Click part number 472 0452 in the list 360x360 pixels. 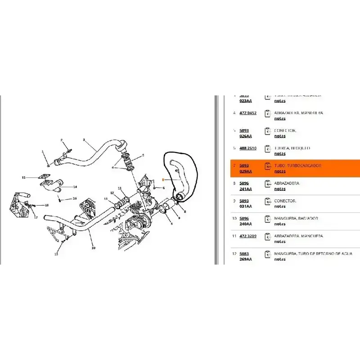247,113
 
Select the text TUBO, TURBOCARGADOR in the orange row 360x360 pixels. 297,166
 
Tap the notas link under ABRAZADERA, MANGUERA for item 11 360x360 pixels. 279,241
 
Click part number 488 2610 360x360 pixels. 247,148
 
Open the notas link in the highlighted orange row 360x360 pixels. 279,171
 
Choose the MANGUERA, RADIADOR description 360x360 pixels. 296,218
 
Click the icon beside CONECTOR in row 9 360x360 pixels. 267,203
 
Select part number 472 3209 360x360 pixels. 247,236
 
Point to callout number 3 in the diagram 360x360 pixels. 84,140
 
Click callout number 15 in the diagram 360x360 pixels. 24,177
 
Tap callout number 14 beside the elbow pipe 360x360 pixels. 75,187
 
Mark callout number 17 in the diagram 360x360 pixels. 36,217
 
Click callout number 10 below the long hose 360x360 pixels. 93,247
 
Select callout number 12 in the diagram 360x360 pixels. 112,193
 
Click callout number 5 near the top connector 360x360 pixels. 143,155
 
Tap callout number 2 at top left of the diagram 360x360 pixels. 62,140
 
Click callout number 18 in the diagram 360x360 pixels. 46,205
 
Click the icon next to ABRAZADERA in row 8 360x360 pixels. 267,185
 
